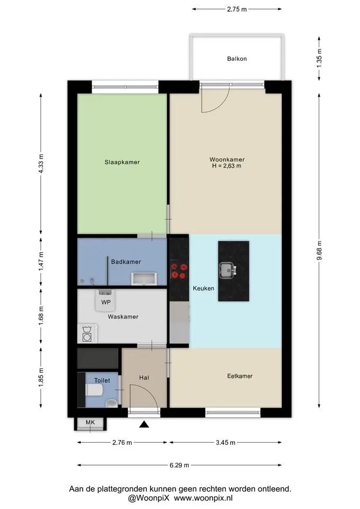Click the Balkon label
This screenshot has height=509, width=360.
236,59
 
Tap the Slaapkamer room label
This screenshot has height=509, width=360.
122,162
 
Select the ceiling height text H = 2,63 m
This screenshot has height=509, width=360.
226,166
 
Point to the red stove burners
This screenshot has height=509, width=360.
179,271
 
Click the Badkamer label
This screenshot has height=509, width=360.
126,261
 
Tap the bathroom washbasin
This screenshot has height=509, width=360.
144,279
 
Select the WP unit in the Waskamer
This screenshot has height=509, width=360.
106,301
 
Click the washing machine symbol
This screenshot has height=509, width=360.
87,334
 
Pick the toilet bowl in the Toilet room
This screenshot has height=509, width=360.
94,390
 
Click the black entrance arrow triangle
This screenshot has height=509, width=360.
144,424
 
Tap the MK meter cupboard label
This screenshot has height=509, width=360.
90,423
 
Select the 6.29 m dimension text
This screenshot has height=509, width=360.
179,465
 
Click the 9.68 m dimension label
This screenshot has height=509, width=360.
319,250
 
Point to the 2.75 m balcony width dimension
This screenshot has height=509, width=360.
236,9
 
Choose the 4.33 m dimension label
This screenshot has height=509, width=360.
41,164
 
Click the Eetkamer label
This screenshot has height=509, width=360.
240,376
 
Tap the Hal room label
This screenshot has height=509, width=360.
144,378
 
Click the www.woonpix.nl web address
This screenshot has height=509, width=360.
203,498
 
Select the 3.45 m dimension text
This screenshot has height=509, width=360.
225,442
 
